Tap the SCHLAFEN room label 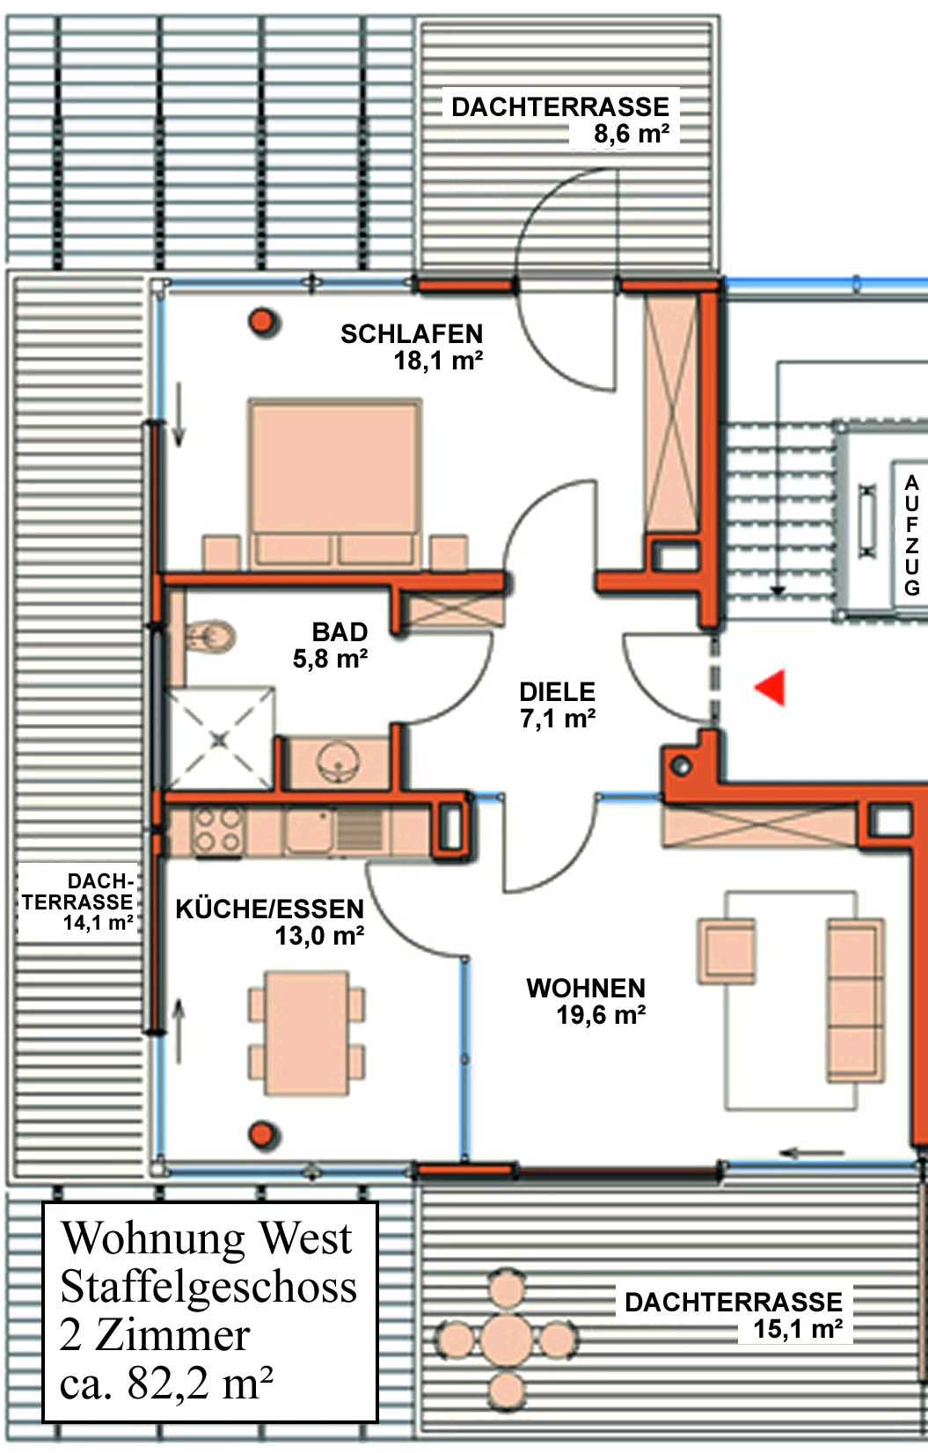click(412, 334)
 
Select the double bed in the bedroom click(334, 485)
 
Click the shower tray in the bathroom click(221, 739)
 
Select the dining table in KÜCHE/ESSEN click(307, 1033)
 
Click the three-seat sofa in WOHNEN click(855, 1000)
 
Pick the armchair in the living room click(727, 950)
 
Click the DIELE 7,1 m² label click(558, 705)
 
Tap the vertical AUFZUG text click(912, 535)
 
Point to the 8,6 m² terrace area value click(632, 134)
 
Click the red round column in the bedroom click(263, 321)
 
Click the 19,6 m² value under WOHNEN click(601, 1014)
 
